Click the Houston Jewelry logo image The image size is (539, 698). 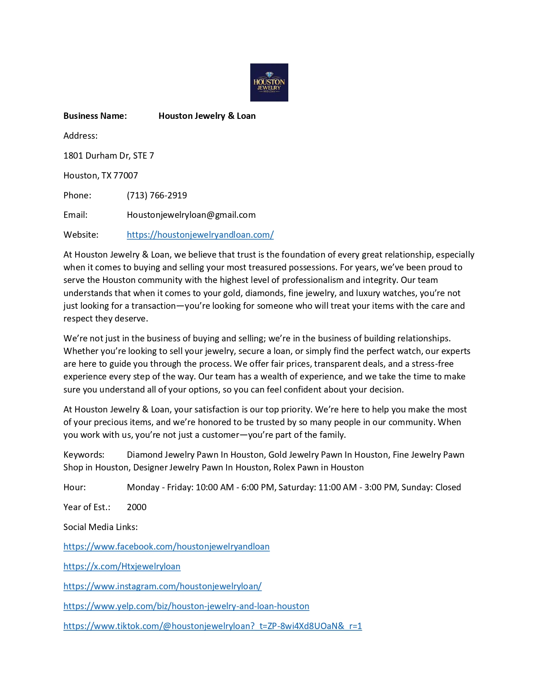269,82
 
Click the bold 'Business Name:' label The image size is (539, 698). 95,116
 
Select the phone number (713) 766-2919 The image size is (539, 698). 157,195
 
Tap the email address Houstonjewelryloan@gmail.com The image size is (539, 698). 191,215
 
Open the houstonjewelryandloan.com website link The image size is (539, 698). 200,235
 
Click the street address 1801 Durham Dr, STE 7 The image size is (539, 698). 109,156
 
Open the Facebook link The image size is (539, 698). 166,547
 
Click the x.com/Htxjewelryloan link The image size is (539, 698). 122,566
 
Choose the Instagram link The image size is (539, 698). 162,586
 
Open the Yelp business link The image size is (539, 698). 186,606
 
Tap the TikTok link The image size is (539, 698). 212,626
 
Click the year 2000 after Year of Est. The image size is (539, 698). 137,507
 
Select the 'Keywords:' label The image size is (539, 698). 84,455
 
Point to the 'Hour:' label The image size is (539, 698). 74,487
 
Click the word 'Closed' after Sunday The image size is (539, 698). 448,487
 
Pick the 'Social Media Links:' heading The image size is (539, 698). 101,527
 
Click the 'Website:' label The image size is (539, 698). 81,235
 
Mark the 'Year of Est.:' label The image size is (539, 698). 87,507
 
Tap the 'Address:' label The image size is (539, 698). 80,136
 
